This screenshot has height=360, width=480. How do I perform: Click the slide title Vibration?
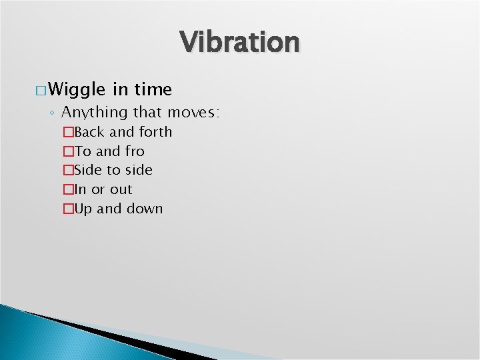[x=240, y=42]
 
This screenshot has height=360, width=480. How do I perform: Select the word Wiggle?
[x=77, y=89]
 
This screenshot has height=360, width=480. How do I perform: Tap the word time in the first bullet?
[x=154, y=89]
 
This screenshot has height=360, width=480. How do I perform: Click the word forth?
[x=155, y=132]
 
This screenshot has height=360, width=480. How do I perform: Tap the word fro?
[x=135, y=151]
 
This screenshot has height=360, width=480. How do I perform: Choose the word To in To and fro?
[x=83, y=151]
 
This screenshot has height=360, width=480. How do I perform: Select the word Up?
[x=83, y=209]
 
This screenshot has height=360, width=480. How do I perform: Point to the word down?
[x=145, y=209]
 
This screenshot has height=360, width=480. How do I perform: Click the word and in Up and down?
[x=110, y=209]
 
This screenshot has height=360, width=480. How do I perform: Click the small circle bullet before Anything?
[x=52, y=113]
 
